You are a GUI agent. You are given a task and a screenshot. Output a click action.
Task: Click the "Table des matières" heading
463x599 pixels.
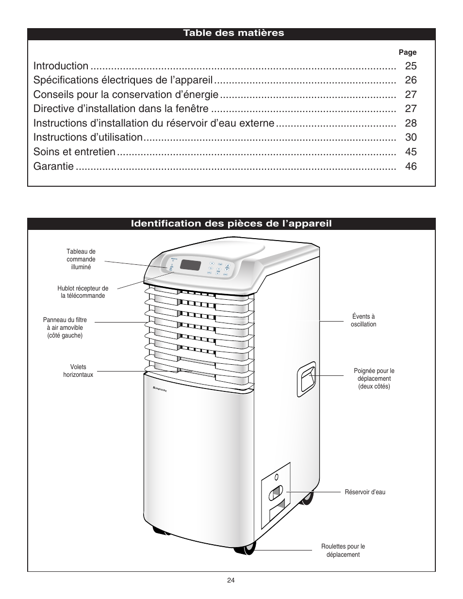[233, 33]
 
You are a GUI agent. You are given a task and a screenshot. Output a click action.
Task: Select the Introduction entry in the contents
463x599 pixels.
[61, 66]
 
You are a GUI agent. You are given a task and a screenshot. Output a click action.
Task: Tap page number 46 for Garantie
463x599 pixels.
[411, 166]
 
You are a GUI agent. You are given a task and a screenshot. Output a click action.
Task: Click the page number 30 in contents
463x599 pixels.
[411, 137]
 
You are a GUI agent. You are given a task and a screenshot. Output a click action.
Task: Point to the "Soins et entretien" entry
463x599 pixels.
[75, 152]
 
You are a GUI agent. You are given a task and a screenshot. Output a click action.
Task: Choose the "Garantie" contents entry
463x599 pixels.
[54, 166]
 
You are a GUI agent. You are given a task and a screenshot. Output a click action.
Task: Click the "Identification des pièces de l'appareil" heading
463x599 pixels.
[231, 224]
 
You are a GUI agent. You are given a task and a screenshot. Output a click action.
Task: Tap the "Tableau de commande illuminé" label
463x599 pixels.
[81, 259]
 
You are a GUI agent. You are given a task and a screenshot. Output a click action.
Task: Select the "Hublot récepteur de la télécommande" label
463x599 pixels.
[83, 292]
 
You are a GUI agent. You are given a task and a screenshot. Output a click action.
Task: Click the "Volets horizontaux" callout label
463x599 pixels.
[78, 371]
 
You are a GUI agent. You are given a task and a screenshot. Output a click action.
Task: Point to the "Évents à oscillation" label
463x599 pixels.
[364, 321]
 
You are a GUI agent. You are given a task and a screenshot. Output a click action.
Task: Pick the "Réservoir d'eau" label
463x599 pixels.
[365, 492]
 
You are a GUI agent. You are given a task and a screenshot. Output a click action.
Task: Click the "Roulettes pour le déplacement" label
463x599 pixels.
[343, 550]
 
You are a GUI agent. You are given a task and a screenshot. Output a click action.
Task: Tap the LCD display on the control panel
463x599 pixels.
[190, 265]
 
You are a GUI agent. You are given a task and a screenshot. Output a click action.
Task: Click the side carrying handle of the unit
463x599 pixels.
[307, 377]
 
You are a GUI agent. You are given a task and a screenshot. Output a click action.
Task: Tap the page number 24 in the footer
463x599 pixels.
[231, 581]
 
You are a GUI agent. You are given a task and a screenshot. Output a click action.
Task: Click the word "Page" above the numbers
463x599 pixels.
[408, 52]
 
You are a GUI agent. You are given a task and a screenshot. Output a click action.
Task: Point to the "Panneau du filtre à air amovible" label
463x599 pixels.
[65, 327]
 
